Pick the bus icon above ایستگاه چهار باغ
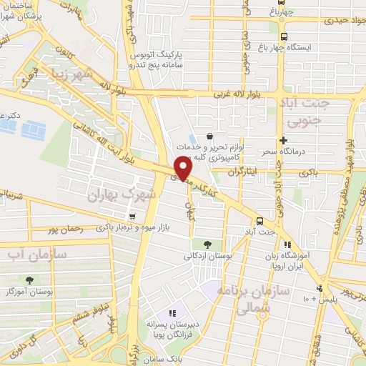pos(284,37)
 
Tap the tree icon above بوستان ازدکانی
pos(207,244)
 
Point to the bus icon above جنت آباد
pos(259,221)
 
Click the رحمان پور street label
pos(61,230)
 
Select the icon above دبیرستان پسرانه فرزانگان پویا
pos(172,313)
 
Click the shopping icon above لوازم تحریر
pos(209,136)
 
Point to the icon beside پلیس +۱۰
pos(320,289)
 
